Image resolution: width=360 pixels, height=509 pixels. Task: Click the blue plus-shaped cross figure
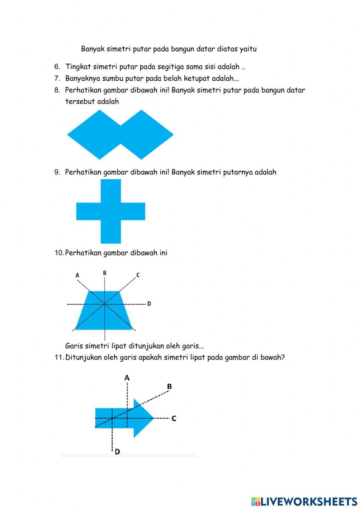click(111, 211)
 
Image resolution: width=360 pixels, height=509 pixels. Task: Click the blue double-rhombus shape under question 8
click(120, 135)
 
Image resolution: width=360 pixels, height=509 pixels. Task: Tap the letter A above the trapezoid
click(77, 275)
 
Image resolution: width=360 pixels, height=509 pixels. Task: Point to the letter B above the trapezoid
click(104, 273)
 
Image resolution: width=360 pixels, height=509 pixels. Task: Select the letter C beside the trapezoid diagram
click(138, 275)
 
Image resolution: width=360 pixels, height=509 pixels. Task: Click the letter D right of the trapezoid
click(149, 304)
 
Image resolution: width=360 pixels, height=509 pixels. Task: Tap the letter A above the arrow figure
click(127, 378)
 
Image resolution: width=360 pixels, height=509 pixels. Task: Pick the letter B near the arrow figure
click(169, 387)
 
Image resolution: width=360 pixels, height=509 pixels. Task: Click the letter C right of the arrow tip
click(174, 419)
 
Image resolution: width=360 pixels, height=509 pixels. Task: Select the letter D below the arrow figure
click(117, 451)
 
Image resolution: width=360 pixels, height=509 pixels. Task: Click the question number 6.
click(57, 67)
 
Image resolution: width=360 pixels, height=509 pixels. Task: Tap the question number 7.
click(57, 78)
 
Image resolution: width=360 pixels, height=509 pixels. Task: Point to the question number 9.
click(57, 172)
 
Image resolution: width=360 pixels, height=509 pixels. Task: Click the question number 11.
click(59, 357)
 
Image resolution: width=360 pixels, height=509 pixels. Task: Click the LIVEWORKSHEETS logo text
click(304, 501)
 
